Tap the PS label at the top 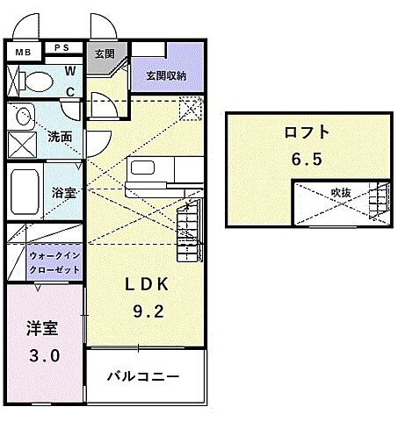[x=63, y=48]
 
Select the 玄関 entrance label [x=105, y=54]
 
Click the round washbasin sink [x=23, y=116]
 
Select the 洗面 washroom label [x=60, y=138]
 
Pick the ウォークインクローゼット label [x=54, y=262]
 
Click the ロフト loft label [x=307, y=133]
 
